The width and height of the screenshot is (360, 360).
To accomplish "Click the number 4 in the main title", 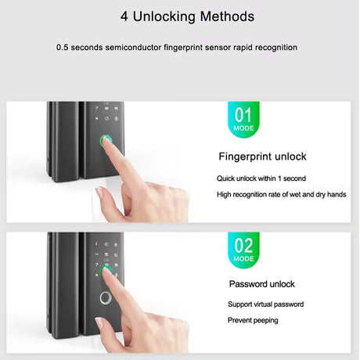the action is click(124, 16).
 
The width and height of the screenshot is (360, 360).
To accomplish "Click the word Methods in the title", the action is click(227, 16).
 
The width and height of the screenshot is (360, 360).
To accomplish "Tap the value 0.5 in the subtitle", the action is click(62, 48).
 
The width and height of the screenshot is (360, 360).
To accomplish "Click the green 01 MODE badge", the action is click(243, 119).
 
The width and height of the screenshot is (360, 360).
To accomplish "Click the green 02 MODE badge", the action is click(243, 250).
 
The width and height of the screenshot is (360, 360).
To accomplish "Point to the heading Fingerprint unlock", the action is click(262, 157).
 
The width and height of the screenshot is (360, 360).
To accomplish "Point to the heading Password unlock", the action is click(262, 284).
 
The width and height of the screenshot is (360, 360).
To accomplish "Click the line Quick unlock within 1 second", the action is click(261, 178).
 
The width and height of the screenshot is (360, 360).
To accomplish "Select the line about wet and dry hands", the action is click(282, 195).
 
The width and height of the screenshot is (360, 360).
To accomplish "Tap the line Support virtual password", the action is click(265, 304).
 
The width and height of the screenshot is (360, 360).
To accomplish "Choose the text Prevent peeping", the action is click(253, 320).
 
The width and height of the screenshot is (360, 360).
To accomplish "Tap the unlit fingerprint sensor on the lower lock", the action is click(106, 298).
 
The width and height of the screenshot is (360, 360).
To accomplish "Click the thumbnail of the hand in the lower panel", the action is click(100, 324).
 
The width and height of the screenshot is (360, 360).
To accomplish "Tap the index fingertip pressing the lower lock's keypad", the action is click(106, 271).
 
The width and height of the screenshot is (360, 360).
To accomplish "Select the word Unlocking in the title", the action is click(164, 16).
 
